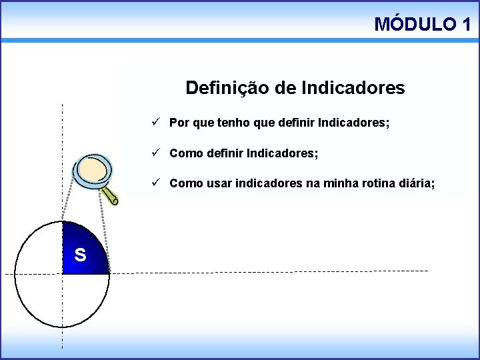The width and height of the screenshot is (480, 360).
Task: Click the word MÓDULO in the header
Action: pyautogui.click(x=413, y=25)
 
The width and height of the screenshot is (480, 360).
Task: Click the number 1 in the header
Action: pyautogui.click(x=465, y=25)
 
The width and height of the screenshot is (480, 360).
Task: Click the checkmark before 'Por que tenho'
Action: pyautogui.click(x=155, y=123)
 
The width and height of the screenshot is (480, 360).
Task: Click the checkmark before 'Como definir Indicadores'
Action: pyautogui.click(x=155, y=153)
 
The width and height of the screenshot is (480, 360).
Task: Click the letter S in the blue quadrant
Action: pyautogui.click(x=80, y=254)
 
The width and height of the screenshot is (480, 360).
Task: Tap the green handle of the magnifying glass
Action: pyautogui.click(x=111, y=195)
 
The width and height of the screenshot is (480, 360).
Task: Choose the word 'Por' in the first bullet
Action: pyautogui.click(x=178, y=123)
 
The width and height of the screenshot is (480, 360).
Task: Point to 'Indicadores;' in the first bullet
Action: pyautogui.click(x=354, y=123)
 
